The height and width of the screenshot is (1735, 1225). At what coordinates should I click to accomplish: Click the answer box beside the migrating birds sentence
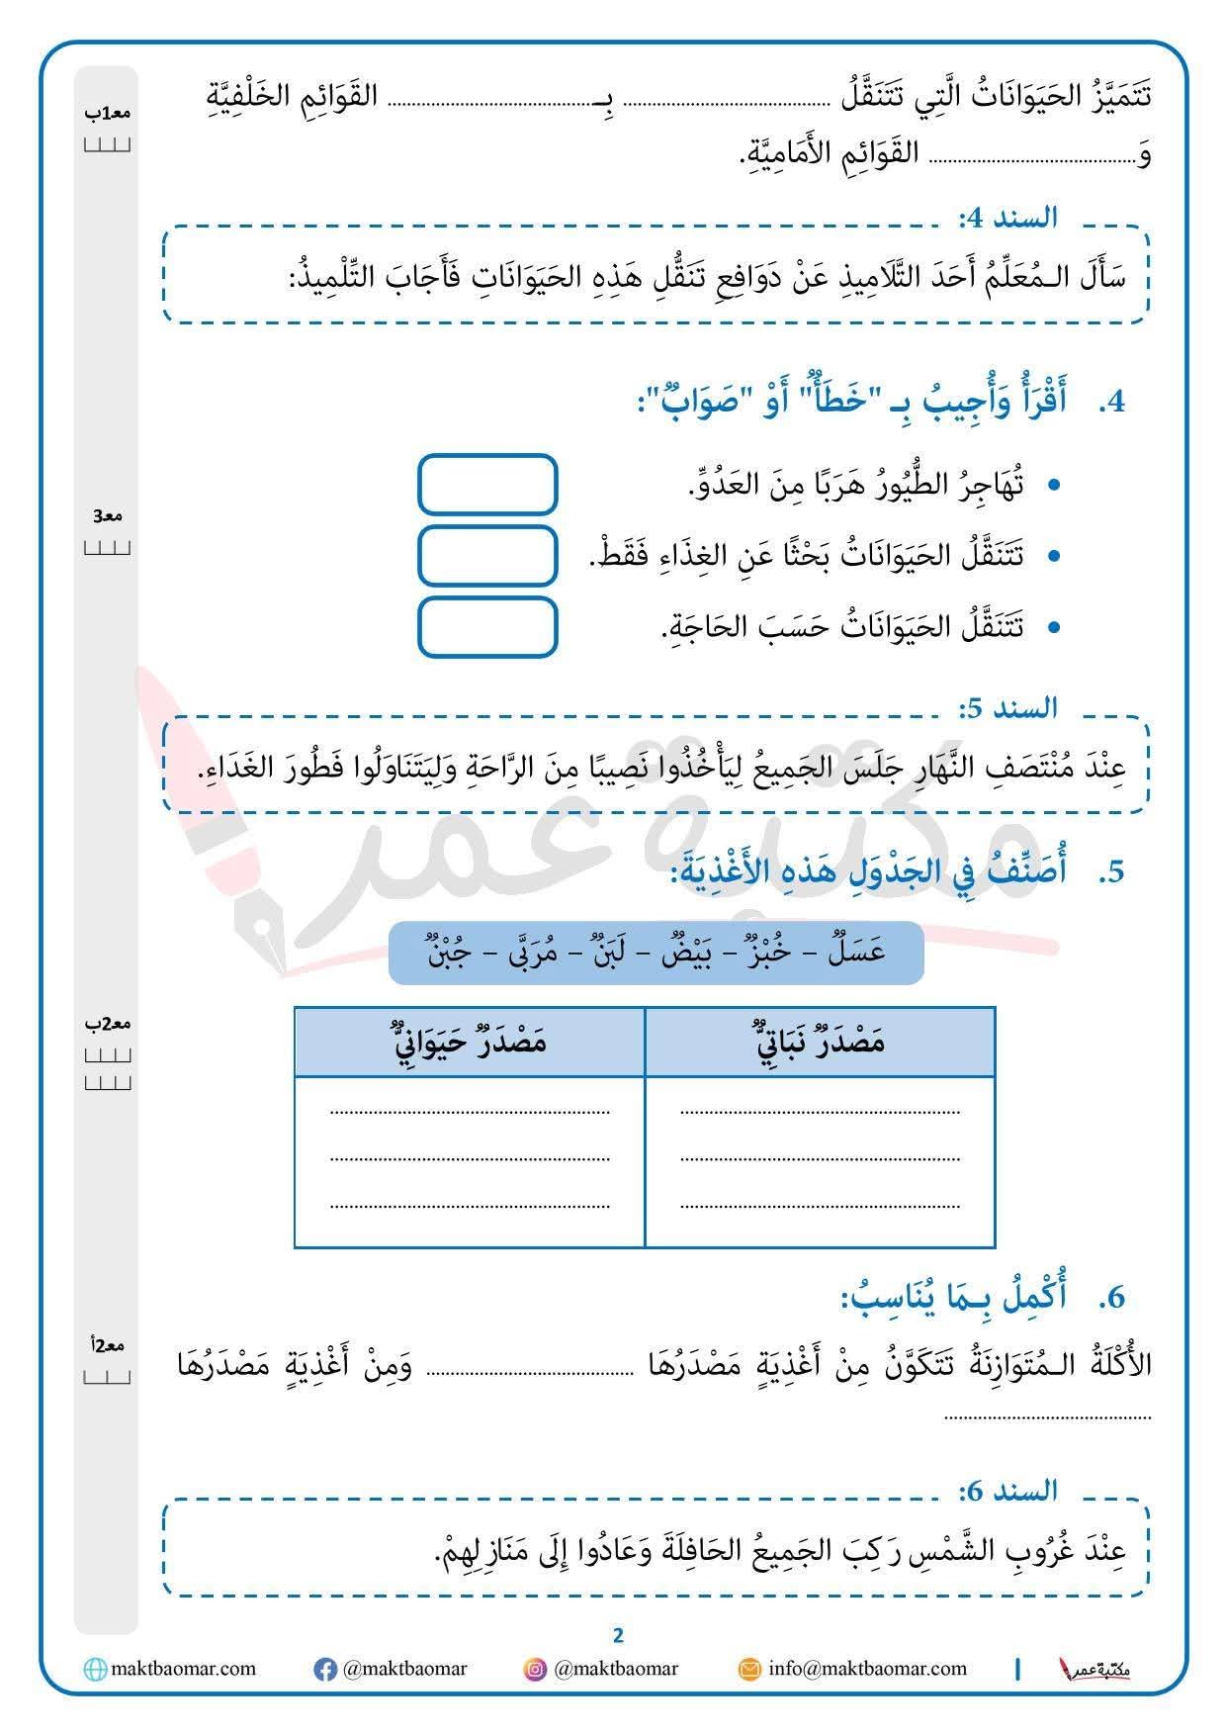click(487, 484)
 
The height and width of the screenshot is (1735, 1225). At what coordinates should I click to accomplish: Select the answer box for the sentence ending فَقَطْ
click(487, 555)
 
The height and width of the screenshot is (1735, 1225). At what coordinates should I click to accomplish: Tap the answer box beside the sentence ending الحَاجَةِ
click(487, 626)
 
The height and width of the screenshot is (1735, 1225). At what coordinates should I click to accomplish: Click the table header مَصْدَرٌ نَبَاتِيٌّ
click(819, 1042)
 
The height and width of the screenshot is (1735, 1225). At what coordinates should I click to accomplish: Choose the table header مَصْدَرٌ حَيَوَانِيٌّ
click(470, 1042)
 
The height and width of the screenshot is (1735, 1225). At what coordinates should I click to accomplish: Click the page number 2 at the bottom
click(619, 1635)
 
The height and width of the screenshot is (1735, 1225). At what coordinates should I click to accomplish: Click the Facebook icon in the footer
click(324, 1670)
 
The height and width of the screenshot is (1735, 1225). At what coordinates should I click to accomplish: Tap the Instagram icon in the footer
click(535, 1670)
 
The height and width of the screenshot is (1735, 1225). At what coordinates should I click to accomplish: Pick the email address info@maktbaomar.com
click(867, 1669)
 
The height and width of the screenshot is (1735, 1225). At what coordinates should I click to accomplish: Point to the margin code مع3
click(108, 515)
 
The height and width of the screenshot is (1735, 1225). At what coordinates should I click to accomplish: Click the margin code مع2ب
click(108, 1023)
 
